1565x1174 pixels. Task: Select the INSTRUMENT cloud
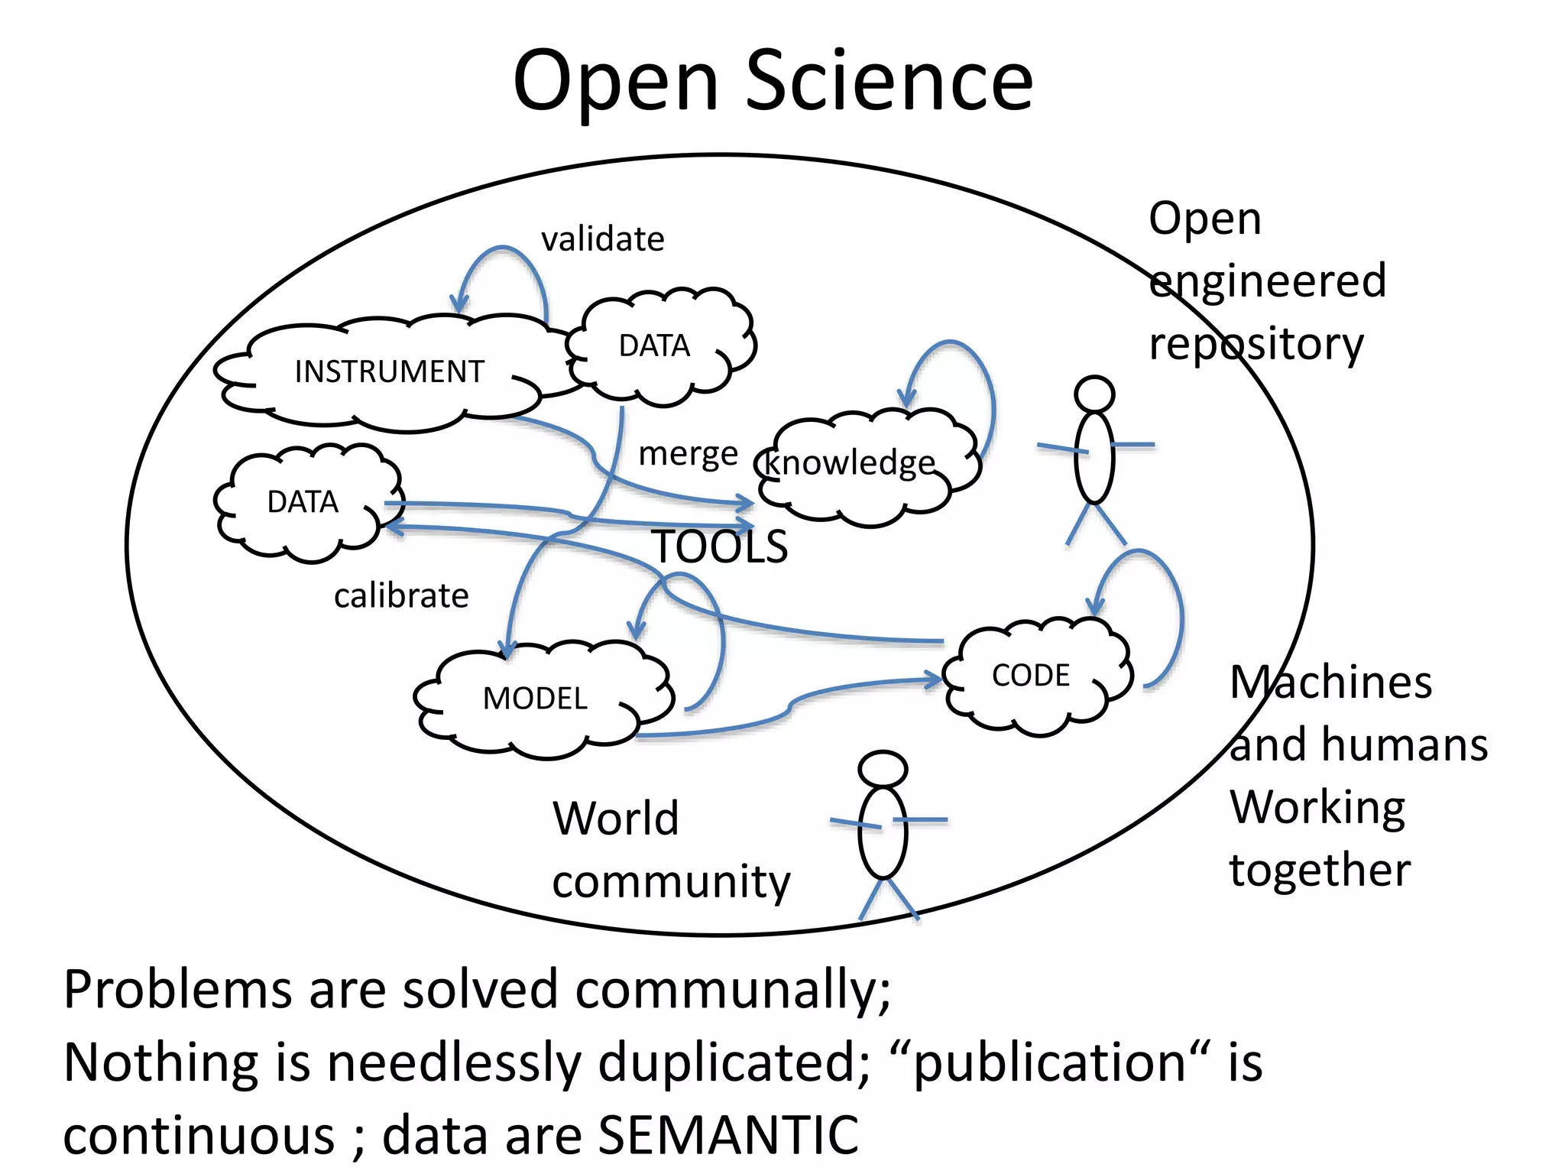click(389, 372)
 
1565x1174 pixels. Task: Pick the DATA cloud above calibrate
click(303, 502)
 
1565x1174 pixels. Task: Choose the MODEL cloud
click(535, 699)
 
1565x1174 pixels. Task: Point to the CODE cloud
click(1031, 676)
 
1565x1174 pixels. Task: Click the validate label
click(602, 239)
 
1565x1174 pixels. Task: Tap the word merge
click(688, 454)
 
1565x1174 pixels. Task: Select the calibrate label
click(401, 596)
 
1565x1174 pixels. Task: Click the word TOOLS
click(720, 547)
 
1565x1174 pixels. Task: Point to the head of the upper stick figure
click(1094, 394)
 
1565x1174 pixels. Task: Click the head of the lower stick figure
click(883, 768)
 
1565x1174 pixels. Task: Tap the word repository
click(1256, 345)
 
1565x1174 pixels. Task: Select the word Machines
click(1330, 682)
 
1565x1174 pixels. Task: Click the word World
click(616, 819)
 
